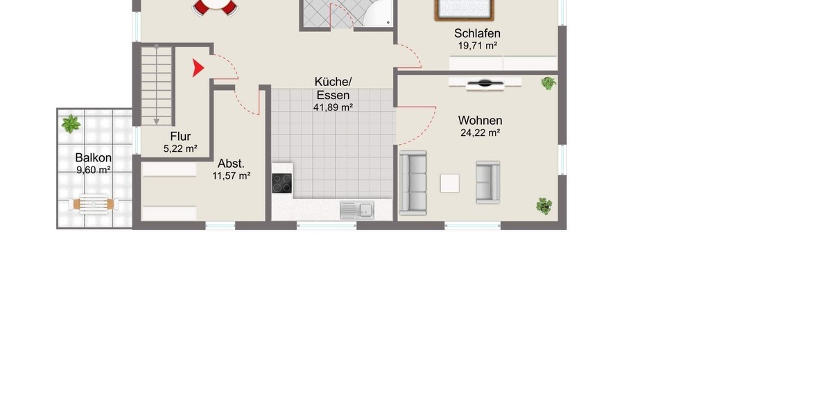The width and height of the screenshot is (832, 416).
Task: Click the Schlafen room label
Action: coord(477,33)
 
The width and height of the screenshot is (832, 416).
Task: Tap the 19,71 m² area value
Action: coord(477,46)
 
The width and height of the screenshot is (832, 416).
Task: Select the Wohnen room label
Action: coord(480,121)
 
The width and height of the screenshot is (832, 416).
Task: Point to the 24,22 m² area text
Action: coord(480,134)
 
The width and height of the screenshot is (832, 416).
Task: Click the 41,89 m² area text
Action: coord(333,107)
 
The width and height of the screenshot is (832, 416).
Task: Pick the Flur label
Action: coord(180,137)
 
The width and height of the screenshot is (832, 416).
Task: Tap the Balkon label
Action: coord(94,157)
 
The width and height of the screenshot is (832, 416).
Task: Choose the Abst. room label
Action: coord(231,164)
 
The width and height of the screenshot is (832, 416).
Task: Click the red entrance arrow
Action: coord(198,68)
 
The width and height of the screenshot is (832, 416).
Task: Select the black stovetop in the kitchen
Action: coord(281,183)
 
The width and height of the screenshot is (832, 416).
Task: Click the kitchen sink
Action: coord(357,209)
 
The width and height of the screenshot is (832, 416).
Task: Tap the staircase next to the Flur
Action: coord(157,83)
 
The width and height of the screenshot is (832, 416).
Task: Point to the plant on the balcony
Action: coord(71,125)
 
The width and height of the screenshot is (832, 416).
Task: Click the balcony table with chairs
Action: coord(94,205)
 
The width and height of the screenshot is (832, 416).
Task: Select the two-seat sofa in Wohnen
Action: coord(413,182)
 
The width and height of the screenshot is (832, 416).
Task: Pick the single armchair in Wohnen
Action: coord(487,182)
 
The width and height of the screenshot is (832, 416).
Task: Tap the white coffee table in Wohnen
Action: coord(450,183)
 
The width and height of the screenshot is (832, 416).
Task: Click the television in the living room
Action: coord(485,84)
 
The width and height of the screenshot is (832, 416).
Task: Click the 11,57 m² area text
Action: coord(231,176)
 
